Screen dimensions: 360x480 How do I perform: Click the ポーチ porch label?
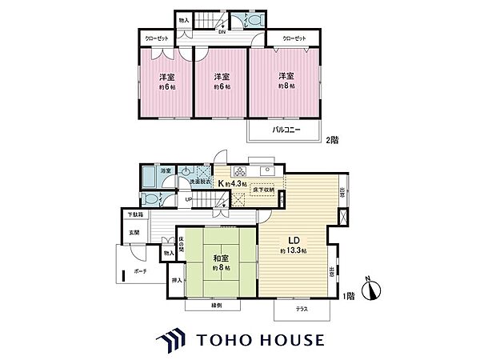click(141, 272)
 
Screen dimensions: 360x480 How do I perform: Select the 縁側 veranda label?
click(217, 306)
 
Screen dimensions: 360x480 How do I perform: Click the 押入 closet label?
click(176, 280)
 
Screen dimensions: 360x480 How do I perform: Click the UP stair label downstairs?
click(188, 200)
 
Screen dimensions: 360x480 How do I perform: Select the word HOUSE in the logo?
click(285, 339)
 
